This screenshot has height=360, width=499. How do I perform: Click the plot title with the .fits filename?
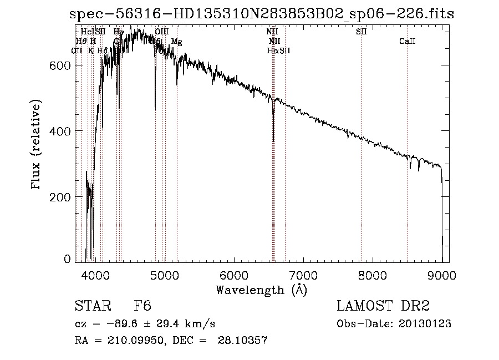pos(262,15)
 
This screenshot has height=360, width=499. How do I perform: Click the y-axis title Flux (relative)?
pos(37,146)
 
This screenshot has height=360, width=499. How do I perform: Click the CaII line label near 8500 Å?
pos(408,42)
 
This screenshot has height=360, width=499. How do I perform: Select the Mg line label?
pos(176,42)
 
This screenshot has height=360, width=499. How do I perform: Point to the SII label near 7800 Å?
pos(361,32)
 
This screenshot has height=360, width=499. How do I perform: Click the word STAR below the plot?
pos(92,306)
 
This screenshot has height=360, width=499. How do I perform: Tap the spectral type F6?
pos(143,306)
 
